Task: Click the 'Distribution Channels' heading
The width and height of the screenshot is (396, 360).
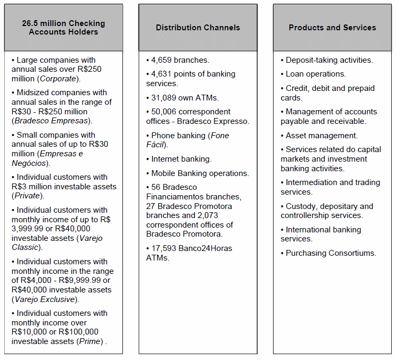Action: (x=197, y=28)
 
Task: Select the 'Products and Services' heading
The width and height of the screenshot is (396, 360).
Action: (x=332, y=28)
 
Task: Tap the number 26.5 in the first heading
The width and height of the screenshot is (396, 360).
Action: (x=31, y=23)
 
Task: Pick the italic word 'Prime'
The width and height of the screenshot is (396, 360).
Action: (x=89, y=341)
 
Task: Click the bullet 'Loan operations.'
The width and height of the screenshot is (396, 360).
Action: (x=316, y=74)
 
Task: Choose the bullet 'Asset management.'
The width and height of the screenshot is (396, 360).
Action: (x=321, y=136)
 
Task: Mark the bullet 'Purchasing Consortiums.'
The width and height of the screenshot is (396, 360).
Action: (x=331, y=253)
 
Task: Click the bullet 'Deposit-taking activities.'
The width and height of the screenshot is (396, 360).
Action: (x=329, y=60)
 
